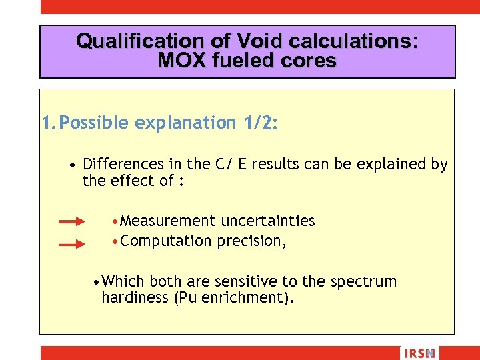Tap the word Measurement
[x=168, y=221]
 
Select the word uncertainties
[x=268, y=221]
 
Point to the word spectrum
[x=366, y=281]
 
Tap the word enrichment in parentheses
[x=241, y=297]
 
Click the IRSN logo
[x=419, y=353]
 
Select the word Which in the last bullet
[x=125, y=281]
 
